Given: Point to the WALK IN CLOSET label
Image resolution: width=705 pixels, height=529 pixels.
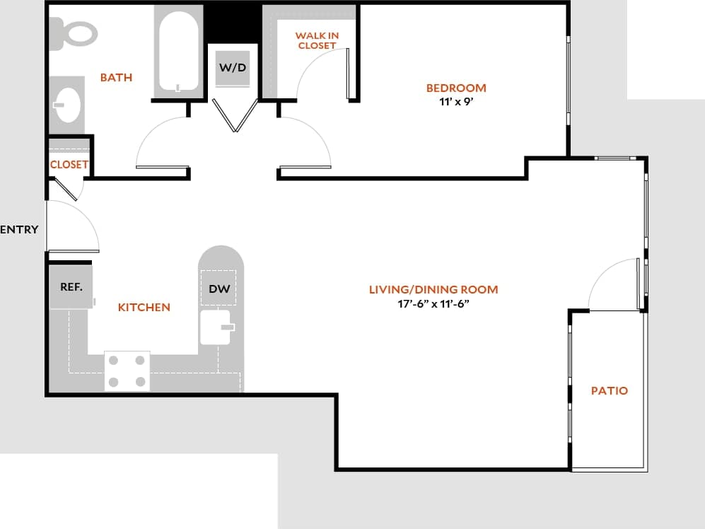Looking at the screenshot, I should tap(316, 40).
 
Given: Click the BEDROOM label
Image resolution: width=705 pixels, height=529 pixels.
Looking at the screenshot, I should tap(456, 88).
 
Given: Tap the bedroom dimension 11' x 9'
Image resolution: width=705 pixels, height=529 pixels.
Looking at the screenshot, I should tap(456, 101).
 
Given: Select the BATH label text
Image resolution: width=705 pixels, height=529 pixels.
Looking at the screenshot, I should tap(116, 77).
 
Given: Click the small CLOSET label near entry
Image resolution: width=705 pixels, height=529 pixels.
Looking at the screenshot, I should tap(69, 165).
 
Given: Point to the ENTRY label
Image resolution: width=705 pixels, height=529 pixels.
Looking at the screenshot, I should tap(19, 230).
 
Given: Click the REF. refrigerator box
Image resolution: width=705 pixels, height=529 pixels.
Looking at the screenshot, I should tap(71, 287).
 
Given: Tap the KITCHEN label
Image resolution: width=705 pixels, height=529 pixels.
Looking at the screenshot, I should tap(144, 308).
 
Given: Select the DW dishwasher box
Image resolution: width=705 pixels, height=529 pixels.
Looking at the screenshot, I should tap(218, 289).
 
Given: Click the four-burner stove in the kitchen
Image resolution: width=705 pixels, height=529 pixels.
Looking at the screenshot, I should tap(127, 371).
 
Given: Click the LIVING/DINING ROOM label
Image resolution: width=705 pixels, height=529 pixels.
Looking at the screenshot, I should tap(433, 289).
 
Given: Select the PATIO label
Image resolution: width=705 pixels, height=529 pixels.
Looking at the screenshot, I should tap(609, 390).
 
